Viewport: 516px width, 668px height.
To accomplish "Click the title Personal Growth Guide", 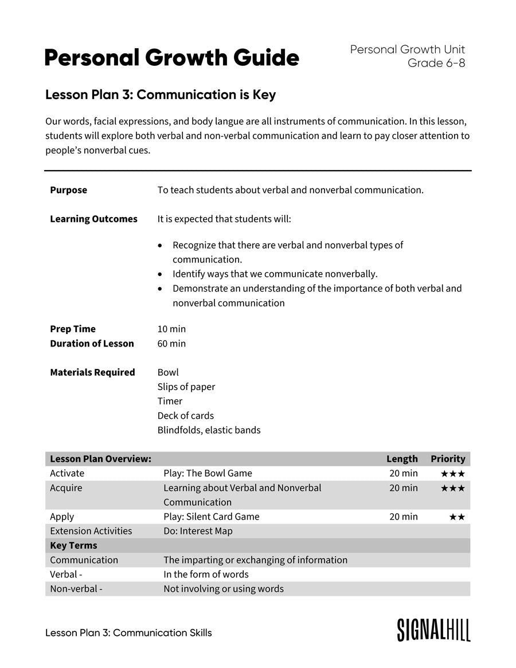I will pos(171,58).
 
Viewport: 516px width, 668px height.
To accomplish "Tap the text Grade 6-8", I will pos(436,63).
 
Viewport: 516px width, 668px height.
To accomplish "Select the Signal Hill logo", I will pos(433,630).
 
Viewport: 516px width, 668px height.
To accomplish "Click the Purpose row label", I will pos(68,190).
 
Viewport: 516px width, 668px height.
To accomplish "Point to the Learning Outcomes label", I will pos(93,219).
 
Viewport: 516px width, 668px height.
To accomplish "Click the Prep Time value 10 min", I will pos(171,329).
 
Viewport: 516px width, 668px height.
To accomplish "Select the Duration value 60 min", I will pos(171,343).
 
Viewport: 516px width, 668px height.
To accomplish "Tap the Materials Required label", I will pos(92,372).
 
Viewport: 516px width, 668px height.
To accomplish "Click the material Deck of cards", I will pos(185,415).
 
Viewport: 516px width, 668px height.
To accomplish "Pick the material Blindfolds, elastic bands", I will pos(209,430).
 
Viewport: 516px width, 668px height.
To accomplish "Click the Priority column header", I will pos(448,459).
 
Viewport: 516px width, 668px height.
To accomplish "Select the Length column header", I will pos(402,459).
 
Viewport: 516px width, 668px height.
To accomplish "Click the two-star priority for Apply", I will pos(457,517).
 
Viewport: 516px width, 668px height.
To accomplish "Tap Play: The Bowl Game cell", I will pos(208,473).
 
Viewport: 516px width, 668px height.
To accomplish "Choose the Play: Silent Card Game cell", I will pos(211,516).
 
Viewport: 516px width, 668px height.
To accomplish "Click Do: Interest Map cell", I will pos(198,531).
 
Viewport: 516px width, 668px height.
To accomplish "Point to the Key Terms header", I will pos(73,545).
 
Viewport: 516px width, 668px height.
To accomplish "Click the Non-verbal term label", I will pos(76,588).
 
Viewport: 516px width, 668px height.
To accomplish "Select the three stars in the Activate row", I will pos(452,474).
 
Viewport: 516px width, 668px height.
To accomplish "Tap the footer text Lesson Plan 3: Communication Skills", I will pos(128,632).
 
